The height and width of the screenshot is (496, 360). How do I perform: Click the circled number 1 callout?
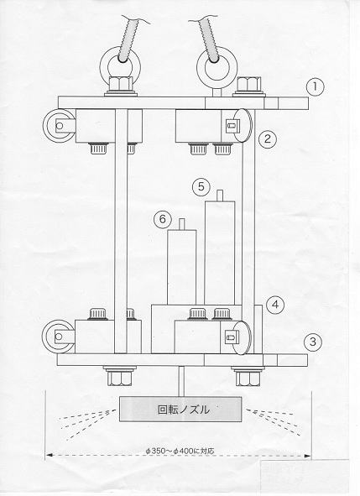315,87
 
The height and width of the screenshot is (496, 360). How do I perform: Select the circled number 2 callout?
268,138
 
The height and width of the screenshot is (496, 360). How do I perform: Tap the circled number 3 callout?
312,342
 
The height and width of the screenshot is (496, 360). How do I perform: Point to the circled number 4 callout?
275,305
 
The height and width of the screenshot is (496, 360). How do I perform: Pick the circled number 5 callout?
201,187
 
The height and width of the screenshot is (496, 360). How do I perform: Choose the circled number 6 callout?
163,219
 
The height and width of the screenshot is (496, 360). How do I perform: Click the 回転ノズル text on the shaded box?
184,410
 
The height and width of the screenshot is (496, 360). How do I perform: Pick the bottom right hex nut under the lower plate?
248,379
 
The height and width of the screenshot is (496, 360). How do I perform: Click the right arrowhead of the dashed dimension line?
307,456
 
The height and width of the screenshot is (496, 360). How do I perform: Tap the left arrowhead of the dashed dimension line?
50,455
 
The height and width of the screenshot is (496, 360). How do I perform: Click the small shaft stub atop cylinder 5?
221,196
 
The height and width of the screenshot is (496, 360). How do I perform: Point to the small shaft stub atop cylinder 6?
182,224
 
